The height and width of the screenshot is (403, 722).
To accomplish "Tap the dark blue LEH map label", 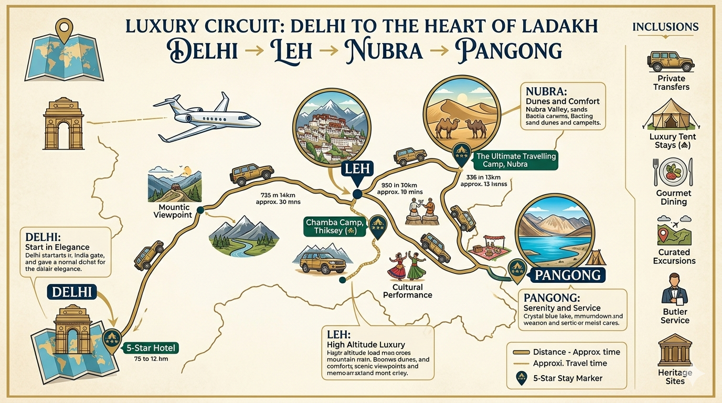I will (357, 169).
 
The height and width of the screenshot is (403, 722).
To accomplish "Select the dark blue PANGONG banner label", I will (568, 274).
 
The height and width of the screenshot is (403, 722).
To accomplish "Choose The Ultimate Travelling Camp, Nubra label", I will (515, 160).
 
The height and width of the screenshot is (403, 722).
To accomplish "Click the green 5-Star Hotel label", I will (152, 348).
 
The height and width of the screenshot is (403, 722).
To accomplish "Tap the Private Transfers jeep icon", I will (671, 61).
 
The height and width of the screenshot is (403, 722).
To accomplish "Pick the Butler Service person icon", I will (674, 288).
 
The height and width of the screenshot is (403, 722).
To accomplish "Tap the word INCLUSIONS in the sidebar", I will (665, 27).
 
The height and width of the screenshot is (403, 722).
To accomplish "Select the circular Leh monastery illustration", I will (332, 128).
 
